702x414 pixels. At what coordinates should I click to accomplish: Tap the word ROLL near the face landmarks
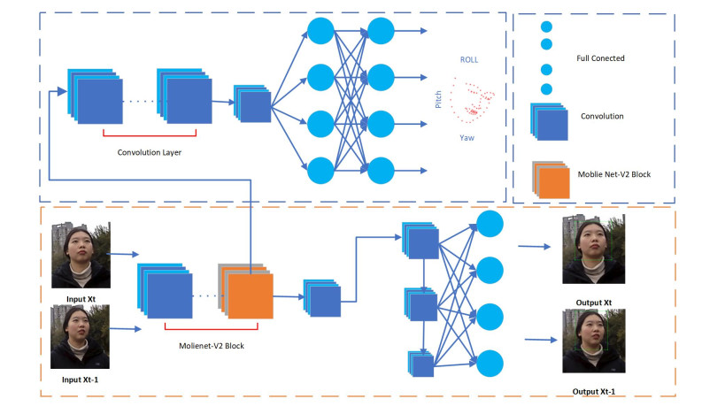[468, 59]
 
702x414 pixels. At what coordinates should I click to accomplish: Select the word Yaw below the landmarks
[467, 138]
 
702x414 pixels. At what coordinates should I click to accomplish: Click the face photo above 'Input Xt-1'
[81, 337]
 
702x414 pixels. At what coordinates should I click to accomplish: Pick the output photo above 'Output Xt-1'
[594, 341]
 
